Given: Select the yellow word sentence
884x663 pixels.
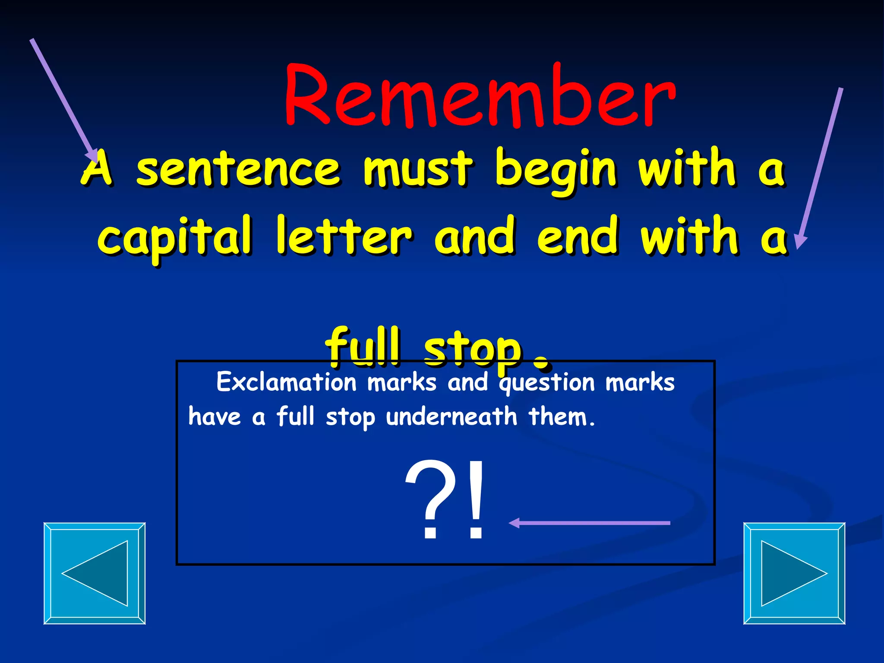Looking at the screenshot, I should pos(238,169).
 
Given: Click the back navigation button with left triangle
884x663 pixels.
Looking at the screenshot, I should pos(95,573).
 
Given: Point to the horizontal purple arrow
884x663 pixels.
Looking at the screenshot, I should pos(589,523).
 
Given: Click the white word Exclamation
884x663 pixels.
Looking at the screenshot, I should pos(286,382).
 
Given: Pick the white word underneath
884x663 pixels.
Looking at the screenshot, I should pos(451,417).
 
